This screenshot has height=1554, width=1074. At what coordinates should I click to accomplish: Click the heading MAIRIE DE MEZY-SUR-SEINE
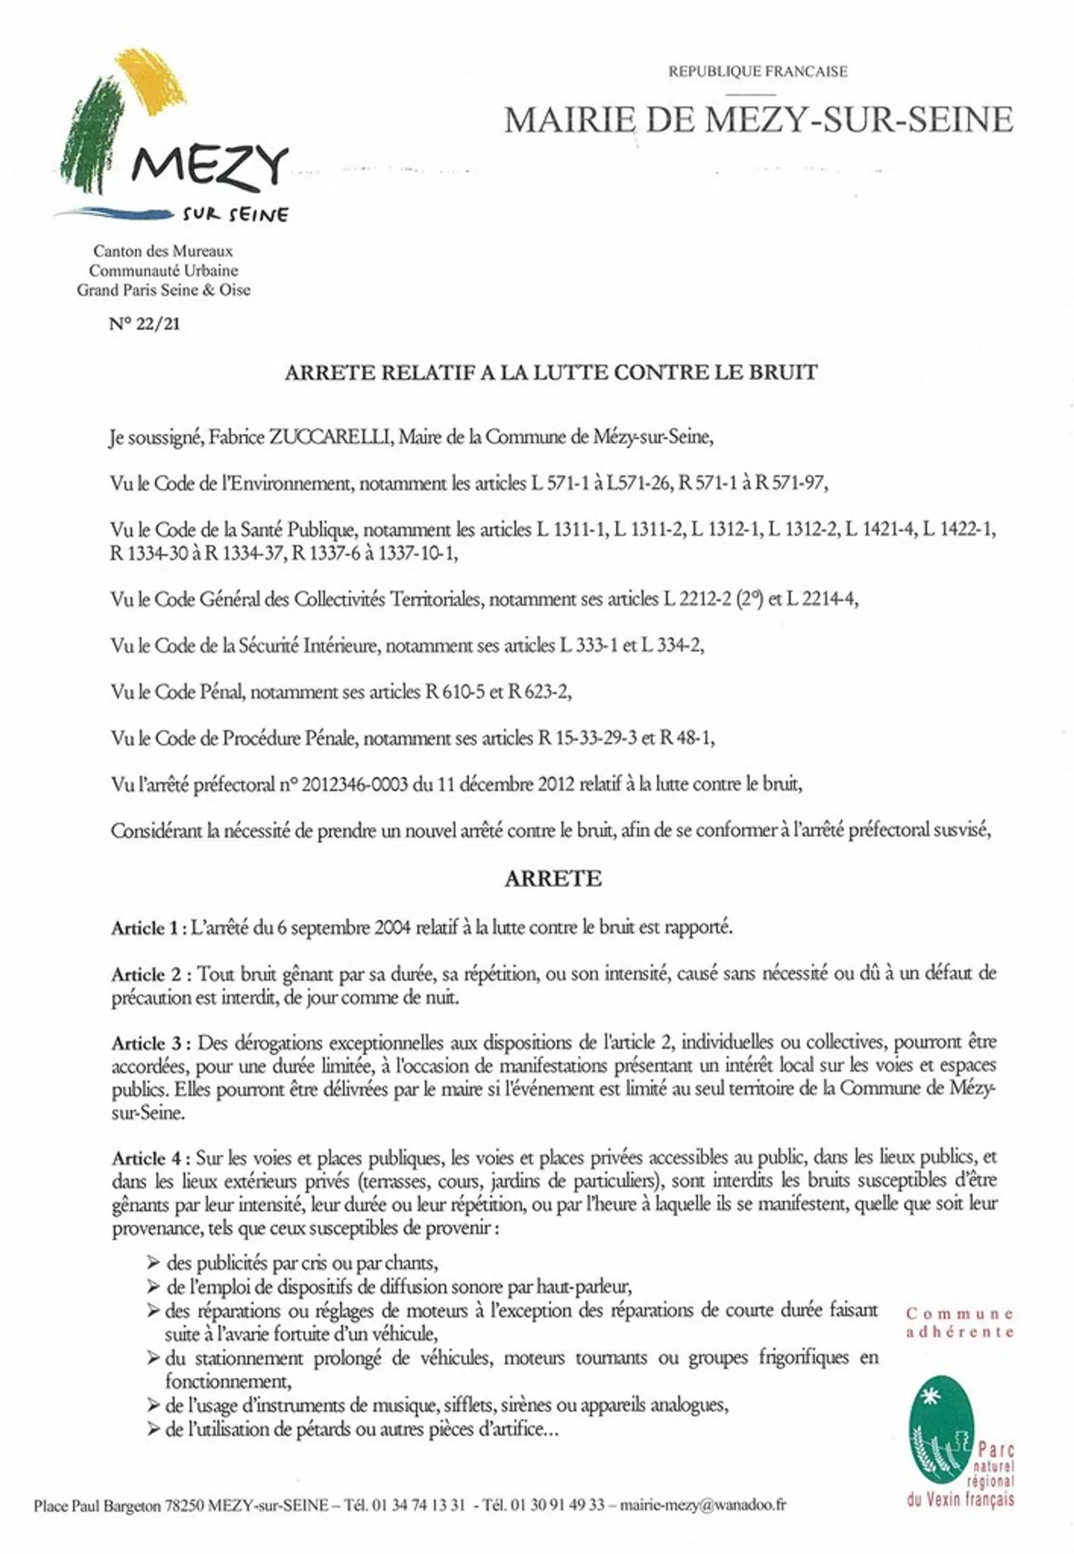point(758,120)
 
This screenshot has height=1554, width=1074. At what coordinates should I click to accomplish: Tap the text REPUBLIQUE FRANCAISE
point(758,71)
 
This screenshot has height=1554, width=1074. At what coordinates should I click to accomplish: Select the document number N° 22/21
point(145,324)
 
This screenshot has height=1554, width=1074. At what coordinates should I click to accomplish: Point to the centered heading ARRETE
point(553,879)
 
